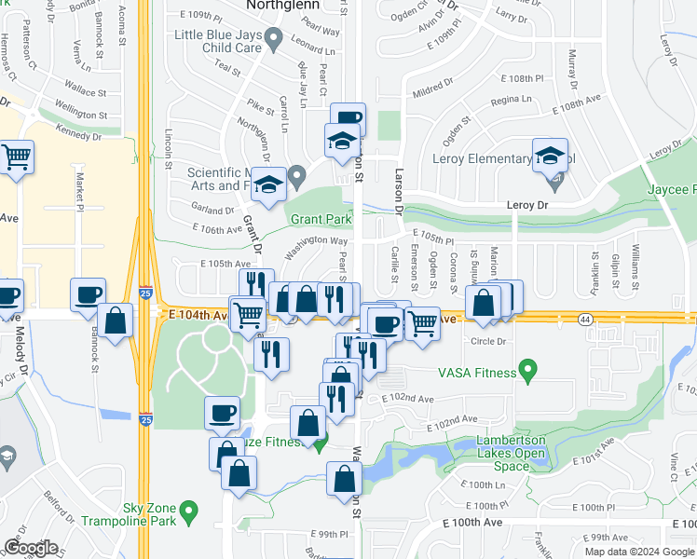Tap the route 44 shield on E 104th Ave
[x=583, y=318]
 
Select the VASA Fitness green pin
[x=528, y=373]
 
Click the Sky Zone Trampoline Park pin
[x=190, y=511]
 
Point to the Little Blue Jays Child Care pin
[x=273, y=39]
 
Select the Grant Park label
[x=321, y=220]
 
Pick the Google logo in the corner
[x=32, y=548]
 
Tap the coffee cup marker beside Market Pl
[x=89, y=294]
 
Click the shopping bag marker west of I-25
[x=115, y=321]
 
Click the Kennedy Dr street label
[x=78, y=136]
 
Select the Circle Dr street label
[x=488, y=341]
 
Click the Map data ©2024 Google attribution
[x=638, y=552]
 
